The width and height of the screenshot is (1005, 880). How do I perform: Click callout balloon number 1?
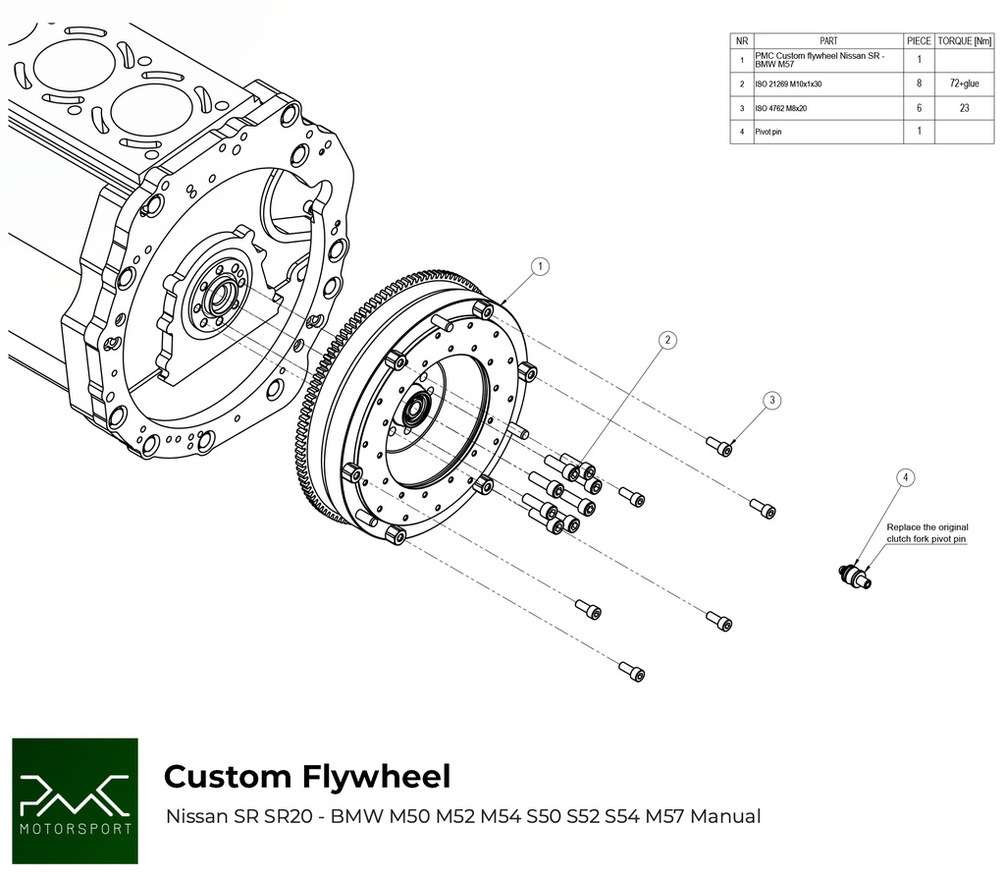(540, 266)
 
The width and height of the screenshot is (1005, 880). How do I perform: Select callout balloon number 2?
(667, 340)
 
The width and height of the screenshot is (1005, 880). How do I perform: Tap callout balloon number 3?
(772, 400)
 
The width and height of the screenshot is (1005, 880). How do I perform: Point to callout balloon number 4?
(906, 477)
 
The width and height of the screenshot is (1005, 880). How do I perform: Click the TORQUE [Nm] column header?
(966, 41)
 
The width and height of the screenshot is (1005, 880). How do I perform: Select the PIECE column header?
(918, 41)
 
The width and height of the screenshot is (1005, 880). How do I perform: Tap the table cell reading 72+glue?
(966, 84)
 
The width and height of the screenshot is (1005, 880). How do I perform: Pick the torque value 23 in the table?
(966, 108)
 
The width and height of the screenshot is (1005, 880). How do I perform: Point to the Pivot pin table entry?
(768, 132)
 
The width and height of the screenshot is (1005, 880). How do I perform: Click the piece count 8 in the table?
(918, 84)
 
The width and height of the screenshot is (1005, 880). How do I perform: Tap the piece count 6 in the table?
(918, 108)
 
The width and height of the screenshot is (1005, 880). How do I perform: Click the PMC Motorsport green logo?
(75, 800)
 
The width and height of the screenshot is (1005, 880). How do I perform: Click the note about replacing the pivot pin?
(926, 533)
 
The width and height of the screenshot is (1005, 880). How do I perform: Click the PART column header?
(827, 41)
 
